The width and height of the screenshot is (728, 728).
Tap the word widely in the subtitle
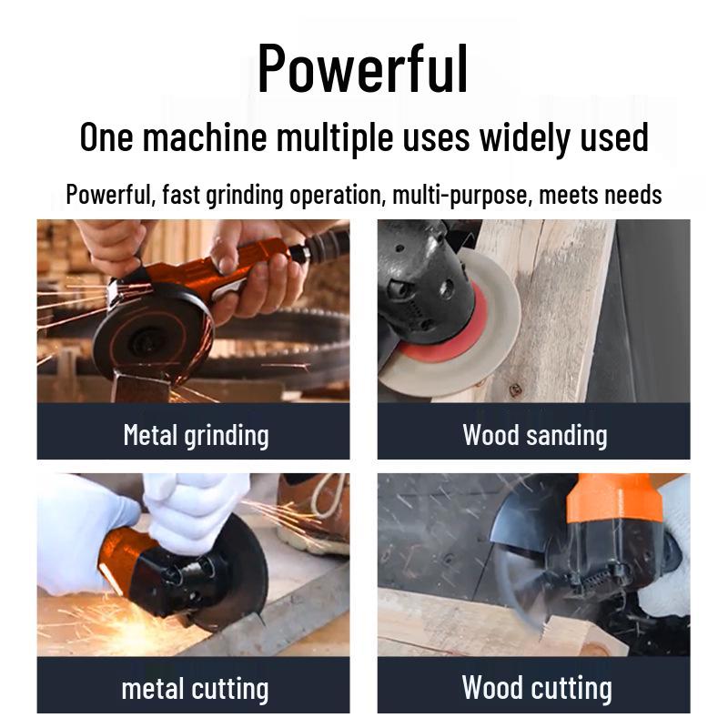(527, 137)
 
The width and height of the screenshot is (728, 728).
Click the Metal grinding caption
(196, 434)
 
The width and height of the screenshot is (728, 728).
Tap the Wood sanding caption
(534, 434)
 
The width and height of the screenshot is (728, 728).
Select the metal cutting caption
(195, 688)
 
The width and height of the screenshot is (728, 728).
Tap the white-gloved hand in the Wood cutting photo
(670, 582)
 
